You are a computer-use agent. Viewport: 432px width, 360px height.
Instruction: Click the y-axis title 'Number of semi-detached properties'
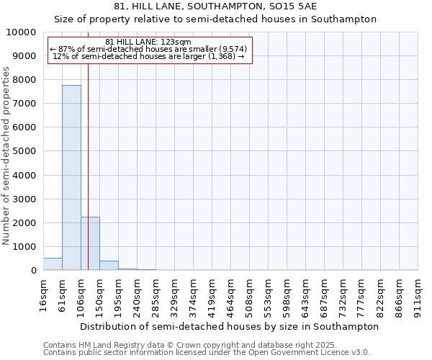tap(7, 156)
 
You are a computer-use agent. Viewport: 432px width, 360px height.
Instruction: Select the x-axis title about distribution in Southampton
tap(230, 326)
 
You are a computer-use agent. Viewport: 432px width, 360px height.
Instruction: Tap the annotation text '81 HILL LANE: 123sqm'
tap(148, 42)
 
